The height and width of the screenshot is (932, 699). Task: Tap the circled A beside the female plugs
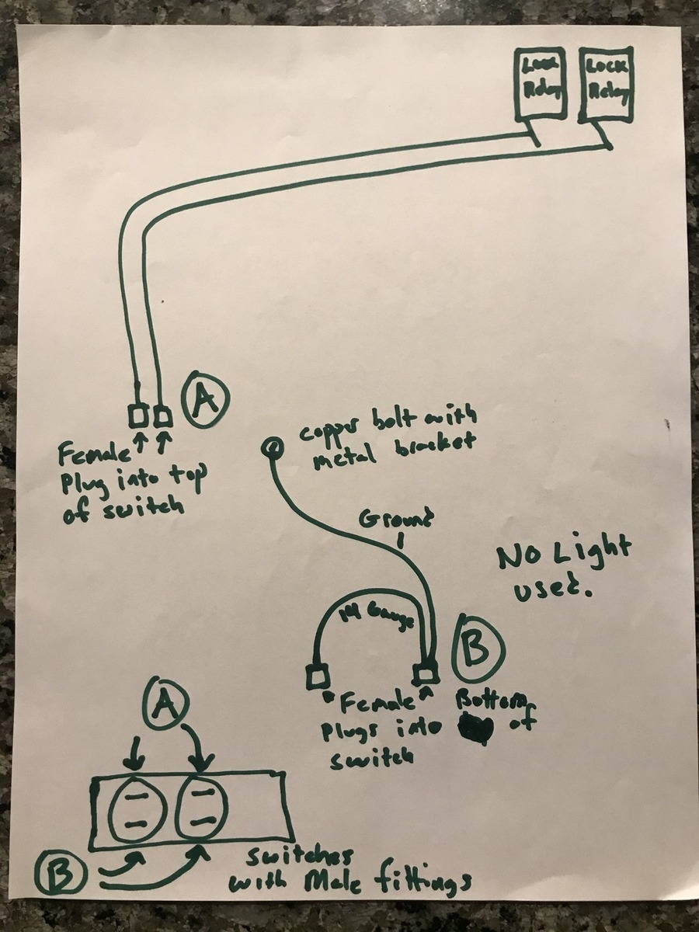tap(203, 398)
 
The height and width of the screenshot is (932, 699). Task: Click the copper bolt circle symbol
tap(272, 447)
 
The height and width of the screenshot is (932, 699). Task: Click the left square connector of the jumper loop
tap(316, 677)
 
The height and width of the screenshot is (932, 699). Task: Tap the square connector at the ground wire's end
tap(424, 673)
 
